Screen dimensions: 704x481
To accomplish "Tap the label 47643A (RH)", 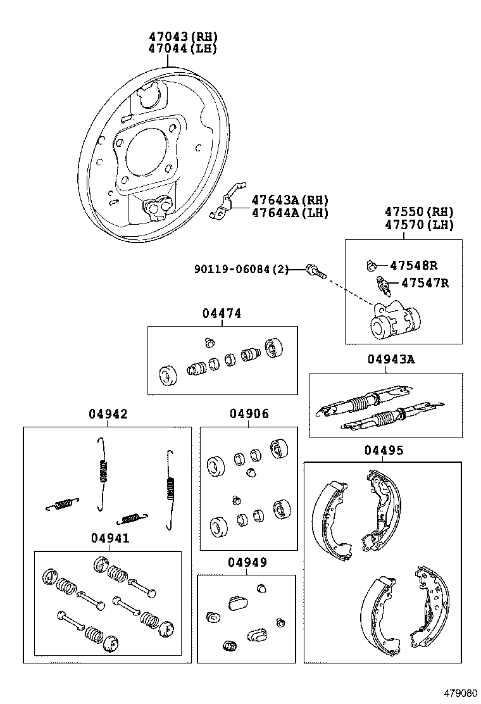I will click(x=290, y=199).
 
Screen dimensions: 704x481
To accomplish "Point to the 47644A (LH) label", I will click(x=290, y=213).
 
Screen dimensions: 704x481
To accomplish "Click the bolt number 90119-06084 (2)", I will click(x=240, y=270).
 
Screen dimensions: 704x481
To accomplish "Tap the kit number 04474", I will click(x=222, y=313).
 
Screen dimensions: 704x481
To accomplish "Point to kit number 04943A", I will click(x=390, y=360).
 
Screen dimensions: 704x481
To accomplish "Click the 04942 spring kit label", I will click(x=108, y=414).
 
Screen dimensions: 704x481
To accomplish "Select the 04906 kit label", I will click(x=249, y=414).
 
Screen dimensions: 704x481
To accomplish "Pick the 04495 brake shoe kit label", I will click(x=384, y=450).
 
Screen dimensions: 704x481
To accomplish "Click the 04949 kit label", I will click(x=247, y=562).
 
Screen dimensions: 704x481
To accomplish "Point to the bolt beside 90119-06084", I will click(x=315, y=272).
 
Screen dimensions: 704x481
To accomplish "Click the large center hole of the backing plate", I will click(x=146, y=154).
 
